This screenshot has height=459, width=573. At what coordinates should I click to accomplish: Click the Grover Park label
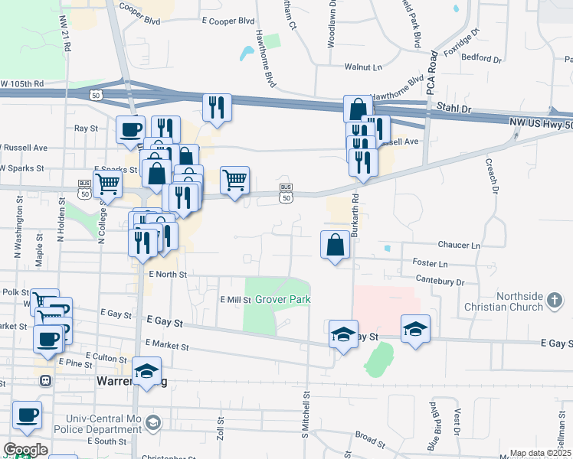[x=283, y=299]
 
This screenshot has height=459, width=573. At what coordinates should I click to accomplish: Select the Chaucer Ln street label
[x=459, y=246]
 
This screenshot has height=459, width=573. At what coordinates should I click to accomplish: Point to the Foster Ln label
[x=429, y=263]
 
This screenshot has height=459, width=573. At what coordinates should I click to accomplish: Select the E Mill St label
[x=234, y=300]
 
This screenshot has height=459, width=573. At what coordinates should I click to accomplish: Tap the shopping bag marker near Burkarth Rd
[x=335, y=246]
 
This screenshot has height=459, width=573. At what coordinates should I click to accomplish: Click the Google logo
[x=25, y=449]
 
